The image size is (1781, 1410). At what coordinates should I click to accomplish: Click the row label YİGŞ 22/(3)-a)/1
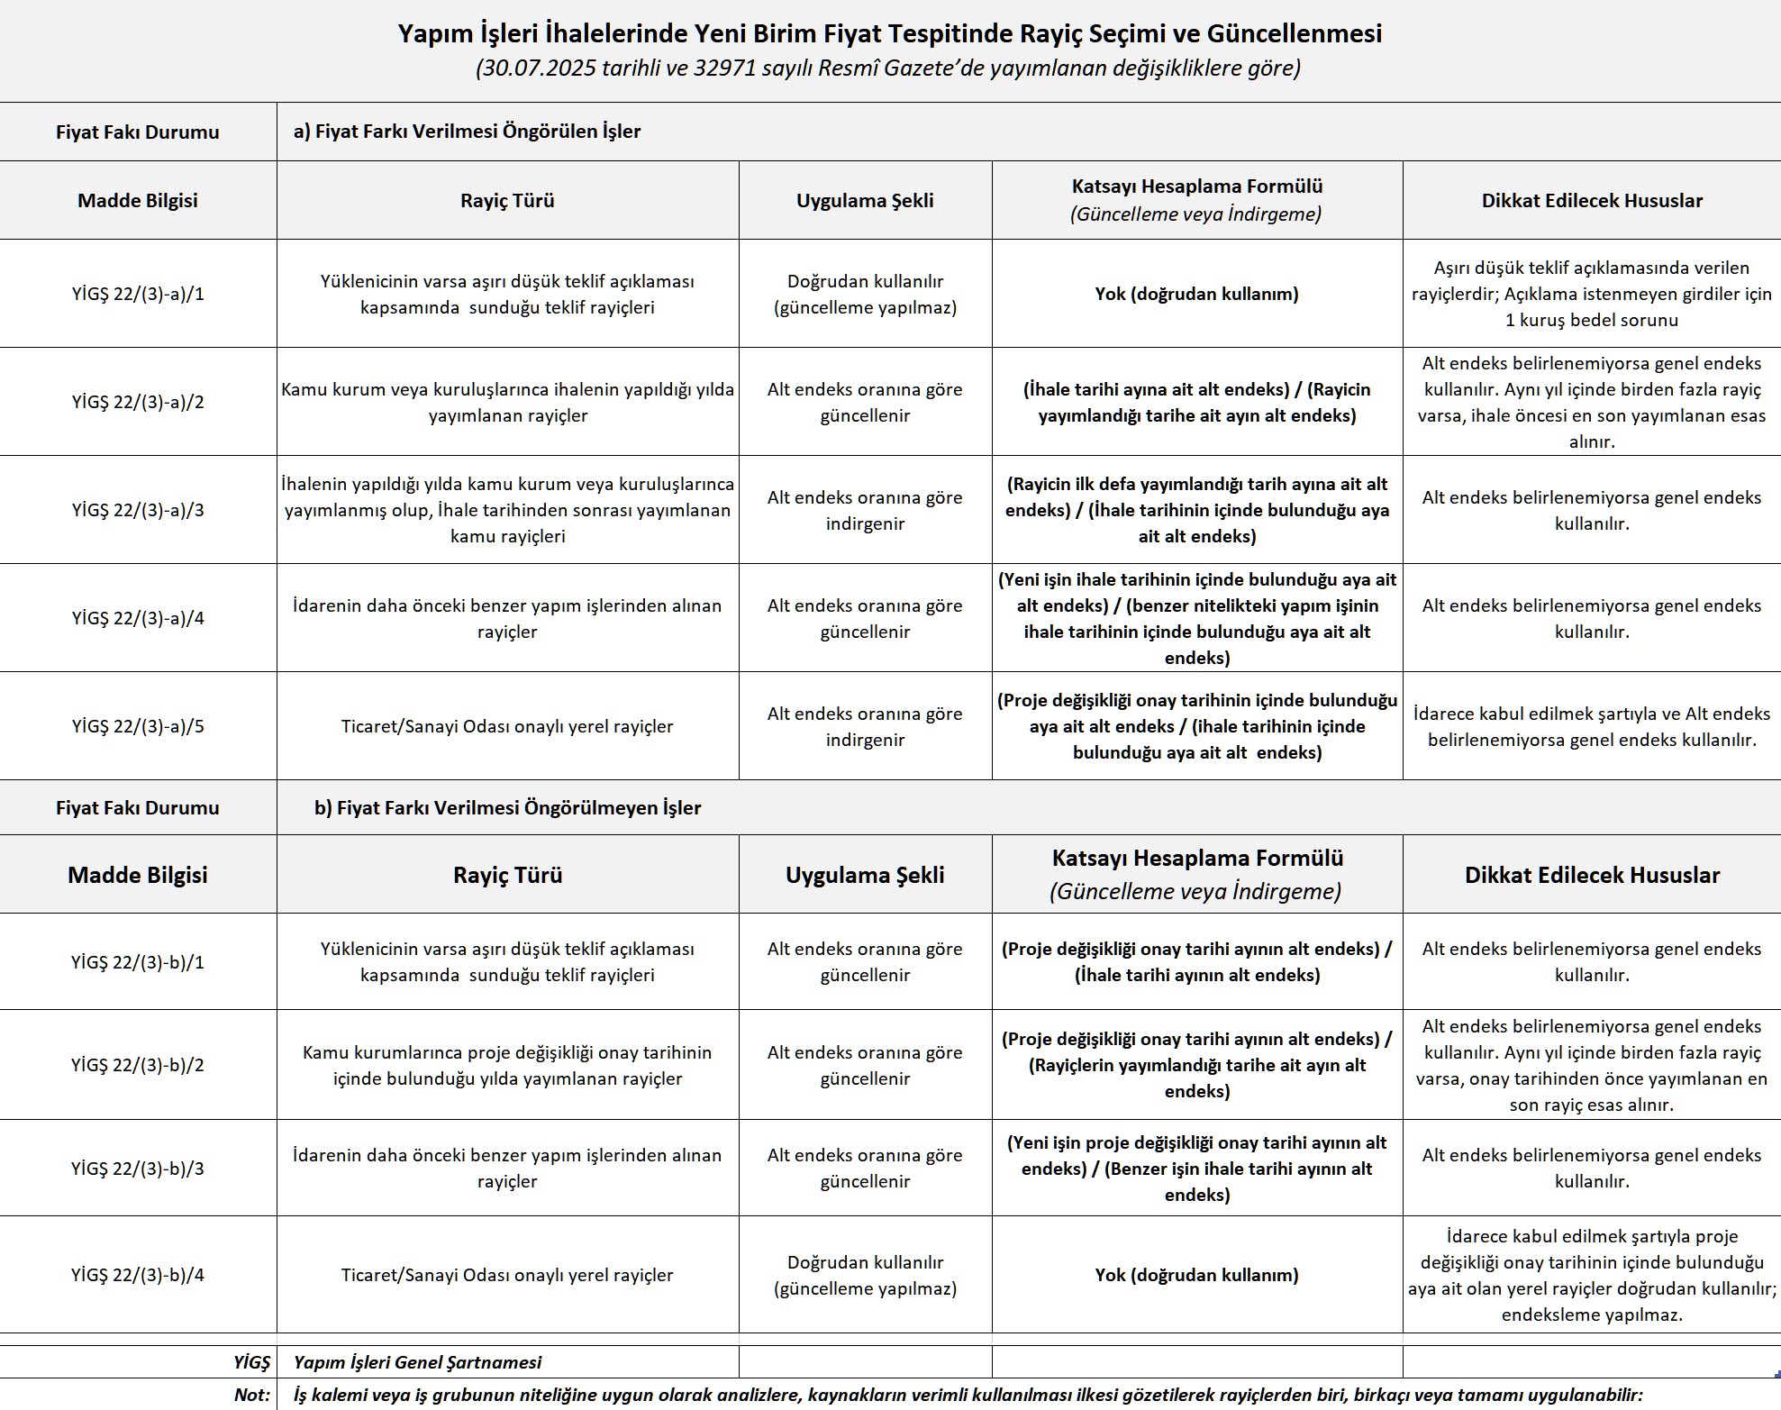point(138,294)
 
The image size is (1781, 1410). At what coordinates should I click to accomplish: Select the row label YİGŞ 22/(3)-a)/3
point(138,510)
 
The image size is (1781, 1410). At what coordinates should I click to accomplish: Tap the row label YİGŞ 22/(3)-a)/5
point(138,726)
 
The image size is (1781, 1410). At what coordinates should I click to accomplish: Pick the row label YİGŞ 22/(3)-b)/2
point(138,1065)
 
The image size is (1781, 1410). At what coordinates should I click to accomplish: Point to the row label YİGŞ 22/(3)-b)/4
point(138,1275)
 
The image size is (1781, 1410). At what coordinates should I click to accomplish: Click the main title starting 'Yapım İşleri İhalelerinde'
point(889,34)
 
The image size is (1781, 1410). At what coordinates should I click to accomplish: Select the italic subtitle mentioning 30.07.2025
point(887,68)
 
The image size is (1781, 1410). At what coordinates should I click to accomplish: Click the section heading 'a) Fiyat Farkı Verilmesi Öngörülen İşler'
point(467,132)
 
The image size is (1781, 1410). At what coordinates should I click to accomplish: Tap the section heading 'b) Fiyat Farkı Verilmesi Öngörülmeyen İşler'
point(507,807)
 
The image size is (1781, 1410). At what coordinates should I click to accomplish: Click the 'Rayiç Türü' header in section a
point(507,200)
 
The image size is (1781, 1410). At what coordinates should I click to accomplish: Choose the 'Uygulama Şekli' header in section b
point(865,875)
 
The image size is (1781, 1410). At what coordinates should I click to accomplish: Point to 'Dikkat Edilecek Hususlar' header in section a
point(1592,200)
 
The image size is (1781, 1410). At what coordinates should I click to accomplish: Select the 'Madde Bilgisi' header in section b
point(138,875)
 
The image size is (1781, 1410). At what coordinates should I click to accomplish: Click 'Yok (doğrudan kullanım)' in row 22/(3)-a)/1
point(1196,294)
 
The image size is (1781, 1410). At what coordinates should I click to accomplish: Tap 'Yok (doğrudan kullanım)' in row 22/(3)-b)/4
point(1196,1275)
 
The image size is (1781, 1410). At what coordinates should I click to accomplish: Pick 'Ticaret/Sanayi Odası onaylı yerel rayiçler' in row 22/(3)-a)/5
point(507,726)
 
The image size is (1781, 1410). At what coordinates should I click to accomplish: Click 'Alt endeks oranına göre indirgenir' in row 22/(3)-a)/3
point(865,510)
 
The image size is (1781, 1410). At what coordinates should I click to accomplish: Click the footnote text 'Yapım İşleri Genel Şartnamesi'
point(418,1362)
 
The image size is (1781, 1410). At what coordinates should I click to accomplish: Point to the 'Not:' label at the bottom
point(252,1395)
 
